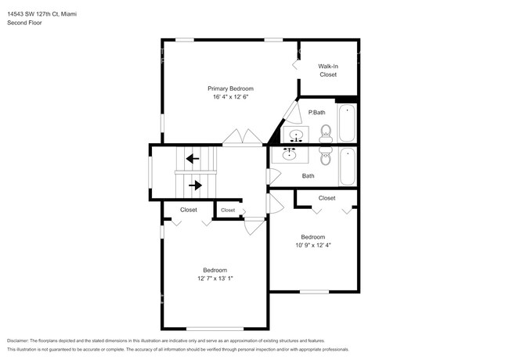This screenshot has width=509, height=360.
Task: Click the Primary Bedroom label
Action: click(x=230, y=88)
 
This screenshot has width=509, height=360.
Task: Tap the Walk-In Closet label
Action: click(x=327, y=70)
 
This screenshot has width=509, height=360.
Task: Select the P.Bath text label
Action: click(x=316, y=113)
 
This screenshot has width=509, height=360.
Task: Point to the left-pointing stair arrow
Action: click(x=192, y=159)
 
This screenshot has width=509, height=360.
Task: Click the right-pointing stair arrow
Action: click(x=195, y=185)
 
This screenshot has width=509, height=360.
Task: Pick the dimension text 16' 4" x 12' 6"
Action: click(x=230, y=98)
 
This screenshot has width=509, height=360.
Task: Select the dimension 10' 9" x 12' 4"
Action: click(x=313, y=247)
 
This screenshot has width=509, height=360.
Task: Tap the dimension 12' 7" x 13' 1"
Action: click(x=215, y=278)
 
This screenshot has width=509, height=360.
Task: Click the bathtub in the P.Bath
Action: click(x=347, y=122)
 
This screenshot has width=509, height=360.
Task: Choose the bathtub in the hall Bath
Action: click(x=347, y=167)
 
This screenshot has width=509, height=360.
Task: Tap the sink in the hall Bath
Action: click(x=291, y=153)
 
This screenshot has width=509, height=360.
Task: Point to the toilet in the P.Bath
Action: click(x=327, y=134)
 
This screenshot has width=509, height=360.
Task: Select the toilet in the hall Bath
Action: click(x=327, y=154)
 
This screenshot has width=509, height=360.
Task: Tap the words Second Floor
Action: click(x=24, y=23)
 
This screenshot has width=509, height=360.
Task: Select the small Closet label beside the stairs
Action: click(x=228, y=210)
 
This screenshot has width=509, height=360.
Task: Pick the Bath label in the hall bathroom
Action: click(x=309, y=175)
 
